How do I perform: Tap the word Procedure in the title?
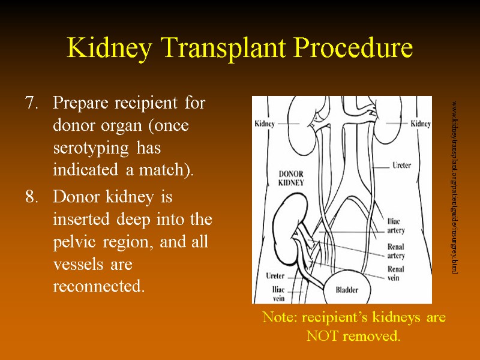(x=354, y=48)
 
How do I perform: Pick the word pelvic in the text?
(x=73, y=242)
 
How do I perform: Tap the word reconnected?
(x=99, y=287)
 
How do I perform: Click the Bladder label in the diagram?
(x=346, y=290)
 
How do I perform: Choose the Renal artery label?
(x=396, y=251)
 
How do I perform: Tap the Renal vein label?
(x=396, y=273)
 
